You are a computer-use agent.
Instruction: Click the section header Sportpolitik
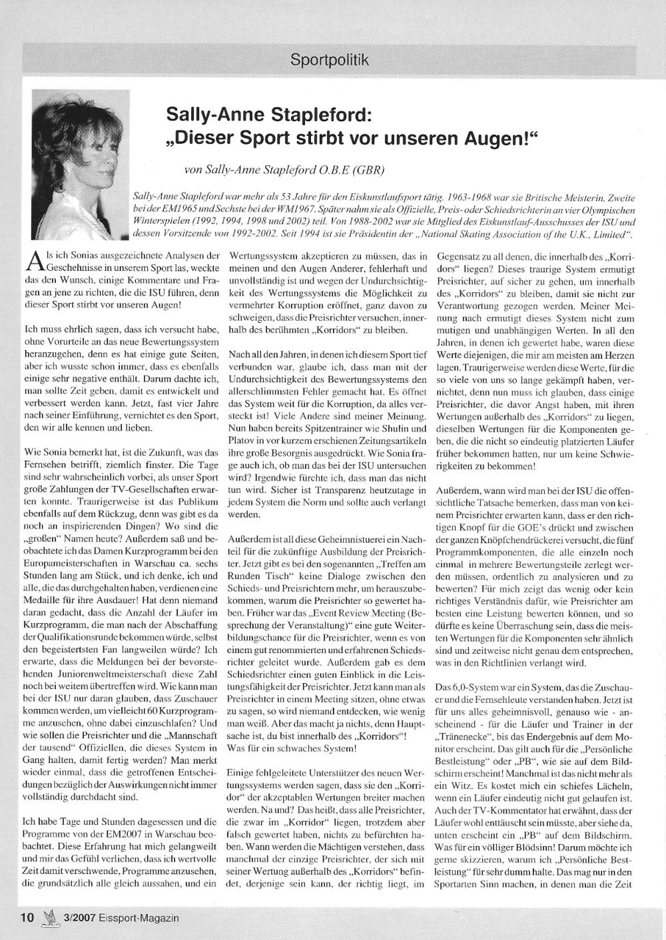click(x=329, y=61)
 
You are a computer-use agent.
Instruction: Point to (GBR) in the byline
click(x=368, y=170)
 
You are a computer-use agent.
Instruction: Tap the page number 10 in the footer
click(x=27, y=917)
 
